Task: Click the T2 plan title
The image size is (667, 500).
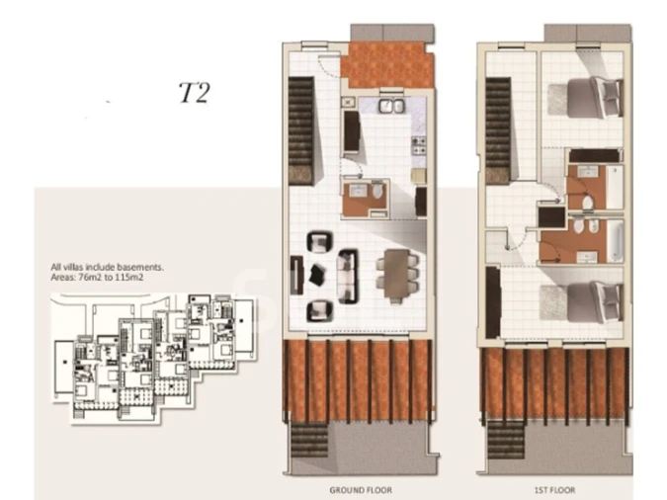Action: tap(194, 93)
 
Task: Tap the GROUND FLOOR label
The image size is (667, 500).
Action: tap(361, 490)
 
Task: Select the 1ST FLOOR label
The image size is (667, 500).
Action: tap(554, 490)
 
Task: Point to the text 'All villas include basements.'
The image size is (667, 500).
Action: tap(107, 267)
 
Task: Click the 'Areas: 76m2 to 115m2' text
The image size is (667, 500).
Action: tap(97, 278)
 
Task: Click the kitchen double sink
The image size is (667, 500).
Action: tap(391, 106)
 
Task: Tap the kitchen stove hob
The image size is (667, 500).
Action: tap(419, 145)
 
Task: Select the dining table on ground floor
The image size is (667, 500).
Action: tap(396, 276)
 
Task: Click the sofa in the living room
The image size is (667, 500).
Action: tap(348, 276)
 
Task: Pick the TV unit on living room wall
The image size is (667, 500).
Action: tap(296, 275)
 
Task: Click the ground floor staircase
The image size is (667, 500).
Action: tap(301, 130)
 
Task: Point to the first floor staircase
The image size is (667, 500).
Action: tap(498, 130)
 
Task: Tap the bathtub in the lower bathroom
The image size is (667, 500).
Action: tap(615, 241)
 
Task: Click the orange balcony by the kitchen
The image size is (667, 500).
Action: tap(386, 64)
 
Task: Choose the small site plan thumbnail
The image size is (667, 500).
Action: tap(154, 358)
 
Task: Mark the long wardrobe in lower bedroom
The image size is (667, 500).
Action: tap(493, 302)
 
